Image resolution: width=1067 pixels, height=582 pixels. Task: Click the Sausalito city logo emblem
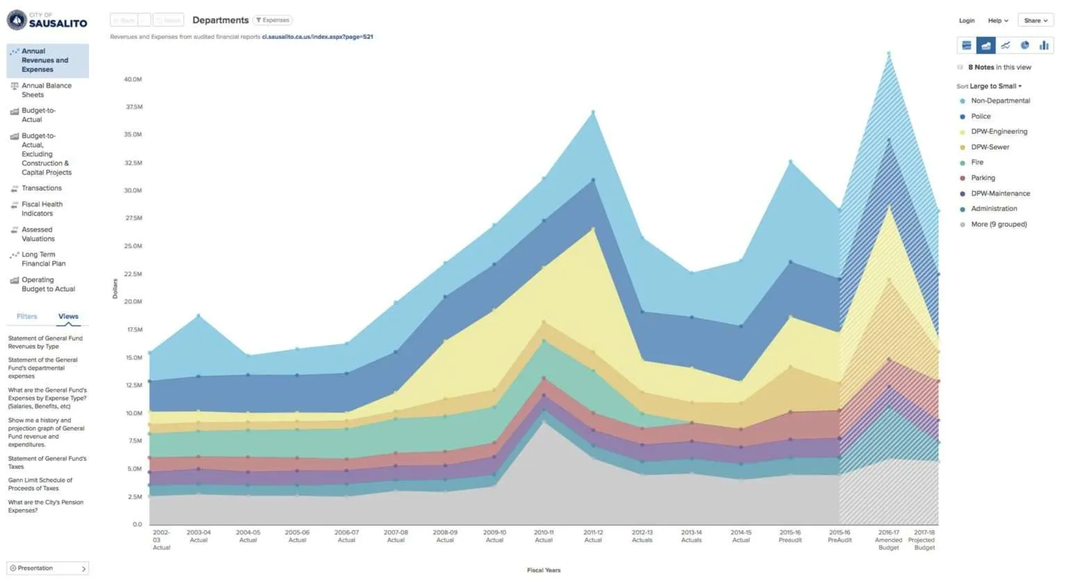(16, 19)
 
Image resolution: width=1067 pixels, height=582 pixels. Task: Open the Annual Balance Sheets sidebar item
(46, 90)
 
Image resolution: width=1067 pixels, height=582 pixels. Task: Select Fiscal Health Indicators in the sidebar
(42, 208)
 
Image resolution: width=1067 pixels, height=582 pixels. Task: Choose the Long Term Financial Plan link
(43, 259)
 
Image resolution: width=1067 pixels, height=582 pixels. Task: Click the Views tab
(68, 317)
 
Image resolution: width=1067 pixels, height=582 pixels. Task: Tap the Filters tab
(27, 317)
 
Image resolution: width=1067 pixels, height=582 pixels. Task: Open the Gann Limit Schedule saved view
(40, 484)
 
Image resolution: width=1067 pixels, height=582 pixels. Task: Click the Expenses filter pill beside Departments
(272, 20)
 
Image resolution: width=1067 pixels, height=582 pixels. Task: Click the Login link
(966, 21)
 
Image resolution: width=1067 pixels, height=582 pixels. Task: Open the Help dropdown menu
(998, 21)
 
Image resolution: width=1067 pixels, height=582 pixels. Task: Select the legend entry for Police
(980, 117)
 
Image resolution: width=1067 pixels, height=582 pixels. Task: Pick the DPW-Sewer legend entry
(989, 147)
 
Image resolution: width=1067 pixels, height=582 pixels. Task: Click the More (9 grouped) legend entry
(998, 224)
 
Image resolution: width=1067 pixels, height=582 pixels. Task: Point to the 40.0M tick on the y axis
(133, 79)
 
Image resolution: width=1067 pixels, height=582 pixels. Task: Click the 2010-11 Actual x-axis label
(544, 536)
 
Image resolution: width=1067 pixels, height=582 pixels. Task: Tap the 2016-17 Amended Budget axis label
(888, 540)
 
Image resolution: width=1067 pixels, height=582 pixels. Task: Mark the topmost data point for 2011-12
(593, 112)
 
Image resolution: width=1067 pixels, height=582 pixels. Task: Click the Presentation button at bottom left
(47, 568)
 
